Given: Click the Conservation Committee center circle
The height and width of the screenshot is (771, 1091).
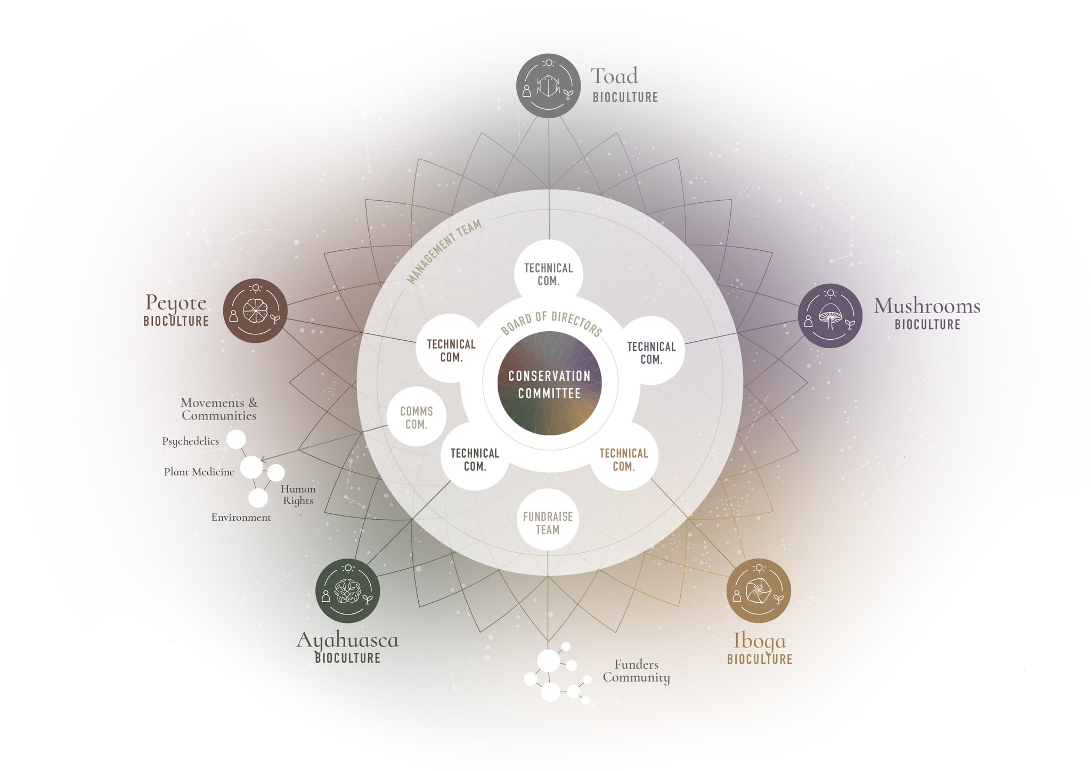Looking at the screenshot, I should point(549,383).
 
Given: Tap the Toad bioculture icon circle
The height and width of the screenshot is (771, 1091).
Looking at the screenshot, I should point(548,86).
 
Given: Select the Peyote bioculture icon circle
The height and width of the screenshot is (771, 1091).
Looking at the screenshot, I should point(255,310).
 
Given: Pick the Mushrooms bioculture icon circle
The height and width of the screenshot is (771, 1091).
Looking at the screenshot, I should point(830,316).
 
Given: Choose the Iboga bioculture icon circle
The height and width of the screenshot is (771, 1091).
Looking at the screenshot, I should point(758,590).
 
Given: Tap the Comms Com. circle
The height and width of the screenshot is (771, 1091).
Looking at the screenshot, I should point(416,418).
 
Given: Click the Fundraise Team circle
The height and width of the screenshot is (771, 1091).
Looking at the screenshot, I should point(548,523).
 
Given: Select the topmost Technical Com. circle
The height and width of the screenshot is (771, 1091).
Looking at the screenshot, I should point(548,274).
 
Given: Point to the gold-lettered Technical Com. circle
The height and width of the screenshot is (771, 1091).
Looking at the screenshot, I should point(624,460).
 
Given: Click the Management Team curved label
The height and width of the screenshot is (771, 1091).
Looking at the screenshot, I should point(444,252).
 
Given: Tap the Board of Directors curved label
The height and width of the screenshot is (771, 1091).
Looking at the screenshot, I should point(551,323).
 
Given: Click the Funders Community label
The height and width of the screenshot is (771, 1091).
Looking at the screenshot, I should point(636,671).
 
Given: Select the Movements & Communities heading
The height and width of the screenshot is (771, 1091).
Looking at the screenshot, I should point(219,409).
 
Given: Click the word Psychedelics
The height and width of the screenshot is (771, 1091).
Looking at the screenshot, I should point(190,441).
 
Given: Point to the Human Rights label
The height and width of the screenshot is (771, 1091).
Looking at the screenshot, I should point(298,495).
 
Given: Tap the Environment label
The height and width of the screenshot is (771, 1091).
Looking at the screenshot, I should point(241,518).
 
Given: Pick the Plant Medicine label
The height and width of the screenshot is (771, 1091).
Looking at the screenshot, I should point(199,472).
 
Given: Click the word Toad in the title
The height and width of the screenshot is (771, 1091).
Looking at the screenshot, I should point(614,76).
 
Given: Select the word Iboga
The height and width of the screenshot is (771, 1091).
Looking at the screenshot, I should point(759,641).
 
